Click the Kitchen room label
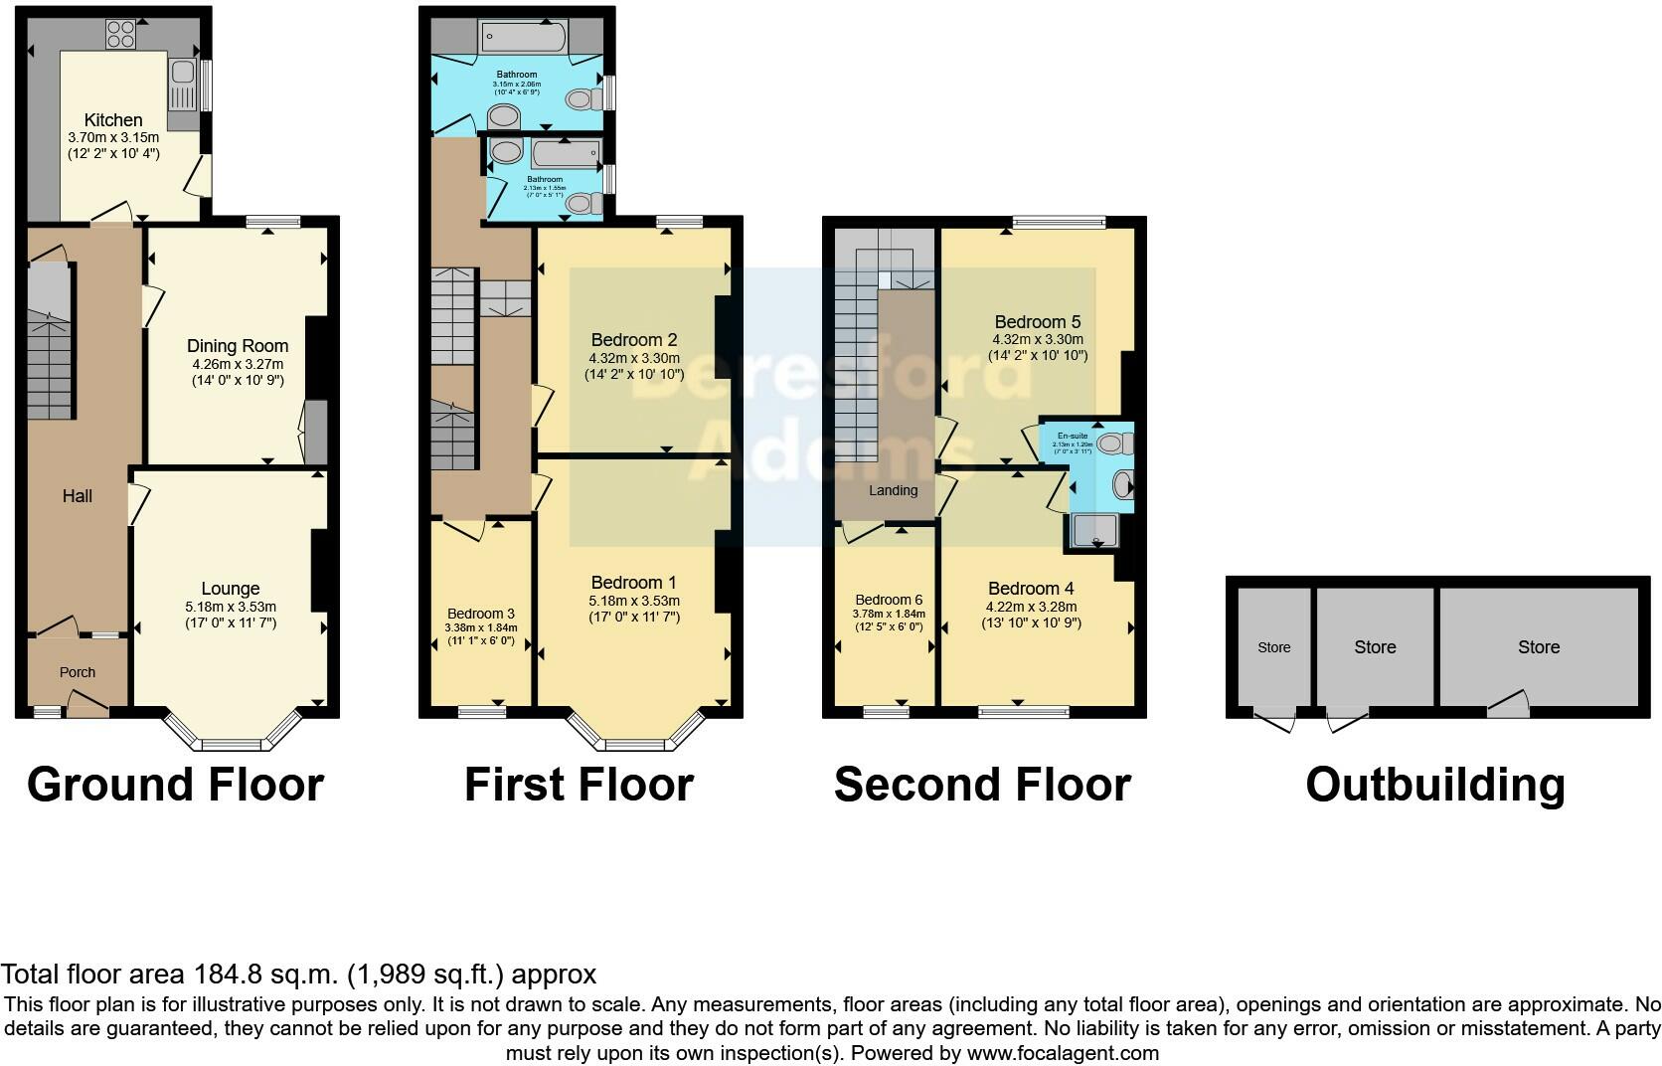pos(113,120)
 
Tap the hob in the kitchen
pos(120,34)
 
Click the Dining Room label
pos(238,346)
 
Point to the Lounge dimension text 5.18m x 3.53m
pos(231,607)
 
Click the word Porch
pos(78,672)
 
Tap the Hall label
pos(78,495)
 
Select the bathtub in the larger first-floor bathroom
pos(524,38)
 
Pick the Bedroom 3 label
pos(481,614)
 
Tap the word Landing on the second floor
pos(893,490)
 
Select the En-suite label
pos(1072,436)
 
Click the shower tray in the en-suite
pos(1096,532)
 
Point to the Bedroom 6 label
pos(889,600)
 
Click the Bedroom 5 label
pos(1038,322)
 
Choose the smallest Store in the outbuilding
pos(1273,647)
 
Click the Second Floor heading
pos(982,785)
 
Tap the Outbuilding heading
pos(1435,785)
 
